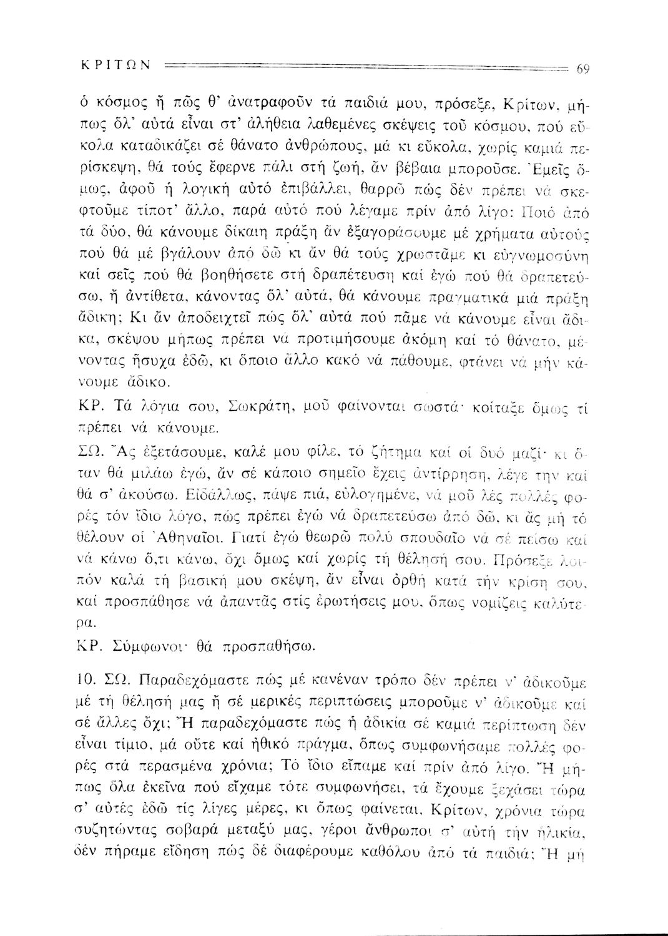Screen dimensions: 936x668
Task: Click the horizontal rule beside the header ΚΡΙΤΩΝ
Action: [368, 64]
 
